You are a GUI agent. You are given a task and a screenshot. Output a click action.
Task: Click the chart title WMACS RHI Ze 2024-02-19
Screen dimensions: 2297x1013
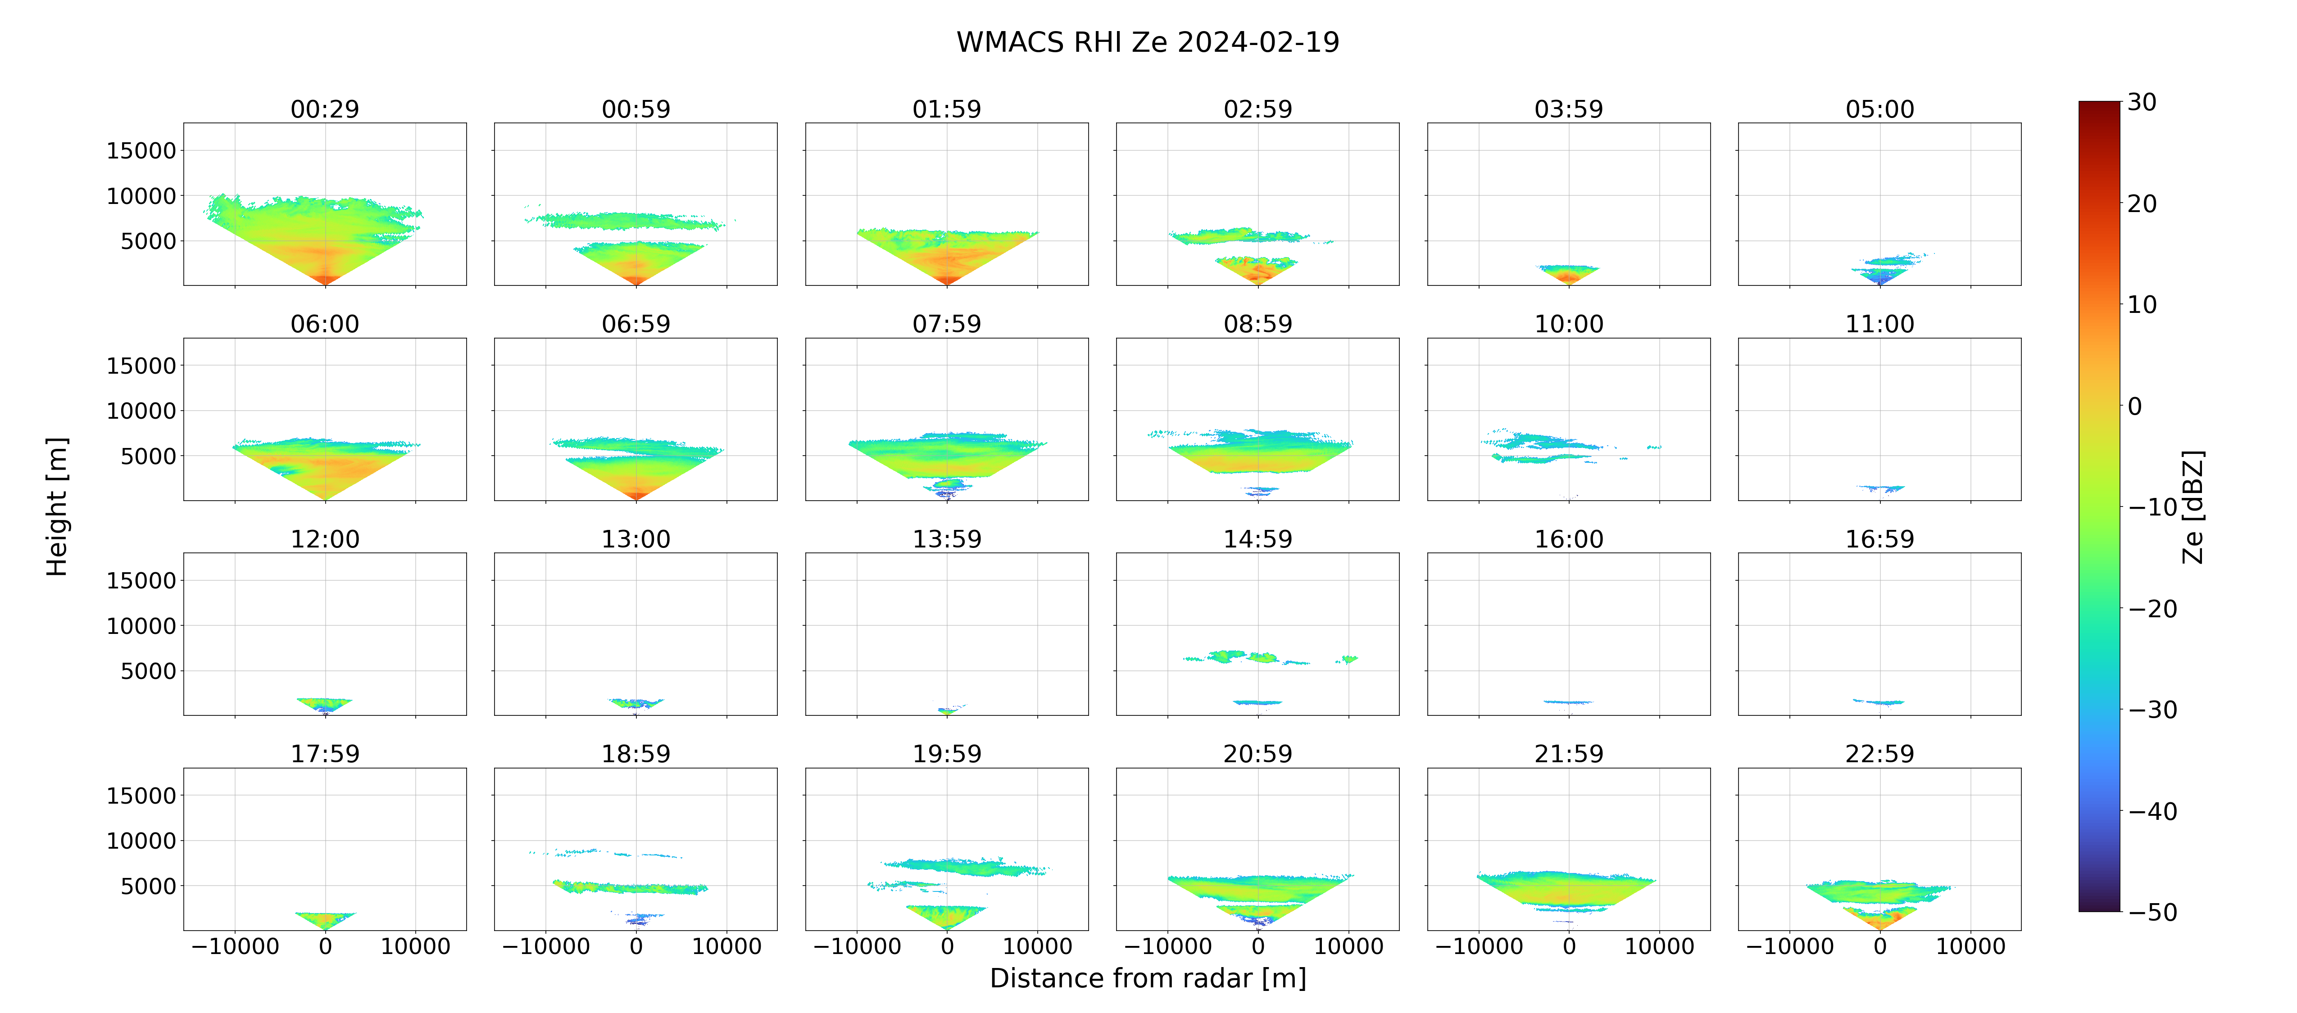(1148, 42)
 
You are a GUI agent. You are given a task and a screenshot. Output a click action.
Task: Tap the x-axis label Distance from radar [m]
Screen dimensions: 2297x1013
(1148, 978)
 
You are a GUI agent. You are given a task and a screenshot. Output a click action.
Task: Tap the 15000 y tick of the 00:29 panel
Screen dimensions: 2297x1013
(141, 151)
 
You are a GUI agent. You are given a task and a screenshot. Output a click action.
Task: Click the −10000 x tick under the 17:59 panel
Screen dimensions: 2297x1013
(236, 946)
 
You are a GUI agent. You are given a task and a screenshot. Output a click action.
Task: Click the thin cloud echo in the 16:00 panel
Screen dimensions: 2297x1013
(1568, 702)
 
